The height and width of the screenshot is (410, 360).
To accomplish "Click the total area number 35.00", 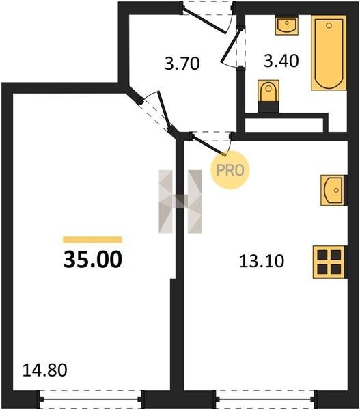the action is [93, 260].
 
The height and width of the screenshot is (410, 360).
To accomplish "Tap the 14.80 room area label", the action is [44, 370].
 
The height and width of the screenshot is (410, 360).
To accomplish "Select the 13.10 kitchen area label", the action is [262, 261].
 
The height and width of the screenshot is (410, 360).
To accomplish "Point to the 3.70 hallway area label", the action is [182, 64].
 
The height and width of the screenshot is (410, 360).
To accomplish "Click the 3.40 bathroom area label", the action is [281, 61].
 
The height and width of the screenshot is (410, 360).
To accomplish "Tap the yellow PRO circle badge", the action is [230, 170].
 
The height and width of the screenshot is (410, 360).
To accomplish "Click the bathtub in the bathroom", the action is [329, 53].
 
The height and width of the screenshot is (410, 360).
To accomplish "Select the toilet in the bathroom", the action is [268, 96].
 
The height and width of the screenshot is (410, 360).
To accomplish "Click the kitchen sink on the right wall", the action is [333, 190].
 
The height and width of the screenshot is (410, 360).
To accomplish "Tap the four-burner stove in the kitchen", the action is [329, 262].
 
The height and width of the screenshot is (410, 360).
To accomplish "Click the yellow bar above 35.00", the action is [92, 240].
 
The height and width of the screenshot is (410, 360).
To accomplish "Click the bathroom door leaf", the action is [232, 46].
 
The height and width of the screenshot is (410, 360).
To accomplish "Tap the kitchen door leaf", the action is [209, 146].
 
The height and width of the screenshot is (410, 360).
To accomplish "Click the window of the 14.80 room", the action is [90, 400].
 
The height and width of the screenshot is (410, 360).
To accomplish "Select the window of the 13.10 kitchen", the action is [266, 400].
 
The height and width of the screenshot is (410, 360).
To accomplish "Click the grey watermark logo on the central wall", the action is [180, 202].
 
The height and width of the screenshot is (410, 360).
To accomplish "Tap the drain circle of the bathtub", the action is [329, 25].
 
